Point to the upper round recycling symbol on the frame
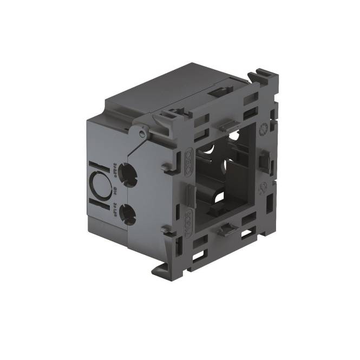point(264,130)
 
